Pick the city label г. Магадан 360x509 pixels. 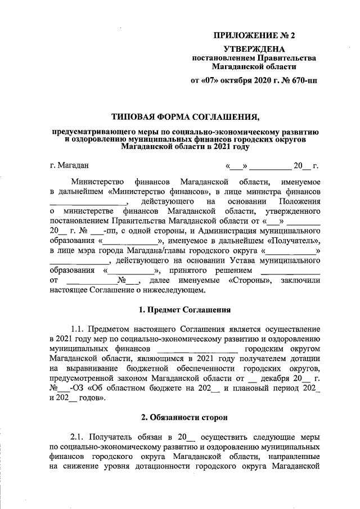[x=69, y=165]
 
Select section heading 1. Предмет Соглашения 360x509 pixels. [x=185, y=309]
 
